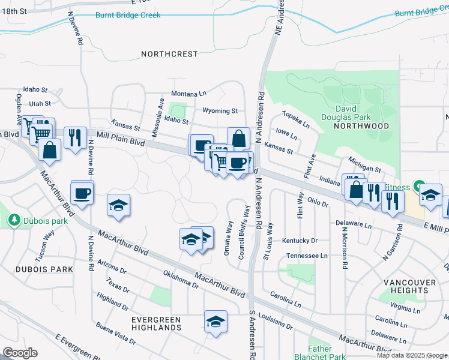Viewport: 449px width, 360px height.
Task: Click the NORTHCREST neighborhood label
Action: (x=169, y=54)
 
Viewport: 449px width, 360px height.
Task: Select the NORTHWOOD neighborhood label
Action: (x=361, y=126)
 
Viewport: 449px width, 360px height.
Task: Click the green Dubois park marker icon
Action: (x=14, y=220)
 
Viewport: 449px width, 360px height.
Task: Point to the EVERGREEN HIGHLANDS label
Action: (x=156, y=323)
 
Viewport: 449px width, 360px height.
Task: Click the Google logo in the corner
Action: (x=20, y=353)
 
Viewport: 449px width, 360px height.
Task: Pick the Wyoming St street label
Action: (x=220, y=111)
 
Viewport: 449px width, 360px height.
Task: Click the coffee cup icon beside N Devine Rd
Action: (x=82, y=193)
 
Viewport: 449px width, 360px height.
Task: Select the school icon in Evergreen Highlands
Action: (x=215, y=322)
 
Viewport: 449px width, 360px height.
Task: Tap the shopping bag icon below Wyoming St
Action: (x=238, y=139)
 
